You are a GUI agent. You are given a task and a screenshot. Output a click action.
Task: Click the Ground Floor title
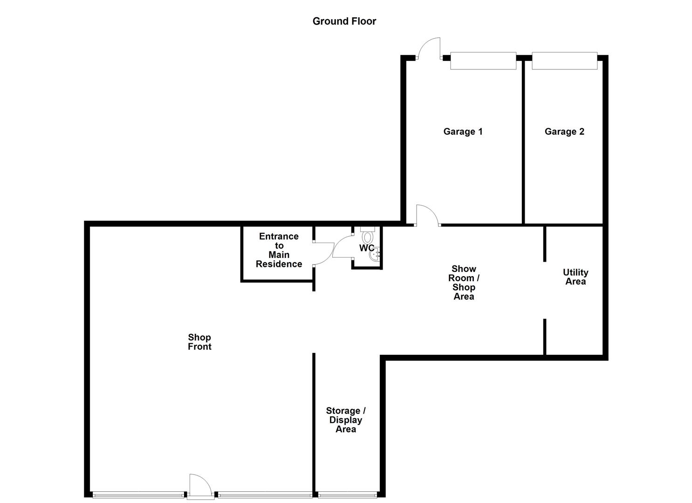tap(344, 21)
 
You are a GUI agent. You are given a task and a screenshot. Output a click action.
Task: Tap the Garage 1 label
tap(463, 131)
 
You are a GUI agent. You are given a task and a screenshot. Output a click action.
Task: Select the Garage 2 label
tap(564, 131)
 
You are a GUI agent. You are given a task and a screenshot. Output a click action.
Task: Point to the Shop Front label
tap(199, 342)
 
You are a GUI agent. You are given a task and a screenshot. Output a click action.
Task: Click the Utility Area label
tap(575, 277)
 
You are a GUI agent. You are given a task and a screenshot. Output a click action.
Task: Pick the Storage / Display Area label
tap(346, 420)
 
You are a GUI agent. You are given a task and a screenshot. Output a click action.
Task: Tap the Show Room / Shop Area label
tap(464, 282)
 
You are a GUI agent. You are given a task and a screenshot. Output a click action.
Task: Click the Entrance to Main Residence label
tap(279, 250)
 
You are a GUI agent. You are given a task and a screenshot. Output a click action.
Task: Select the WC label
tap(366, 248)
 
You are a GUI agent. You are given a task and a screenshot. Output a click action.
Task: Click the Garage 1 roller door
tap(483, 61)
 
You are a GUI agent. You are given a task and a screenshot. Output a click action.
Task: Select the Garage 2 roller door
tap(564, 61)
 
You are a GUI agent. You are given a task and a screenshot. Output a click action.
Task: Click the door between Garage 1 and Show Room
tap(427, 215)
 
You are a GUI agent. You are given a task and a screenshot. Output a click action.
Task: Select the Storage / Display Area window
tap(347, 495)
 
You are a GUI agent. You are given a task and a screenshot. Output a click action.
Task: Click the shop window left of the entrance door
tap(138, 495)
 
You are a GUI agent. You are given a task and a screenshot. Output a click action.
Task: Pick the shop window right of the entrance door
tap(264, 495)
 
